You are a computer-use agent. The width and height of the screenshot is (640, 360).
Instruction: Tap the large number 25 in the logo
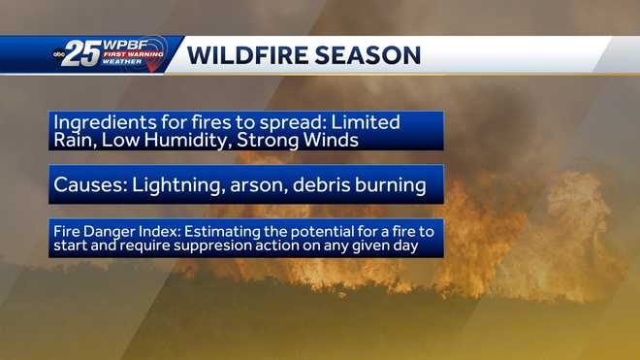coord(82,55)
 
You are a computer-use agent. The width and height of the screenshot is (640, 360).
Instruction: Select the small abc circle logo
coord(58,55)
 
